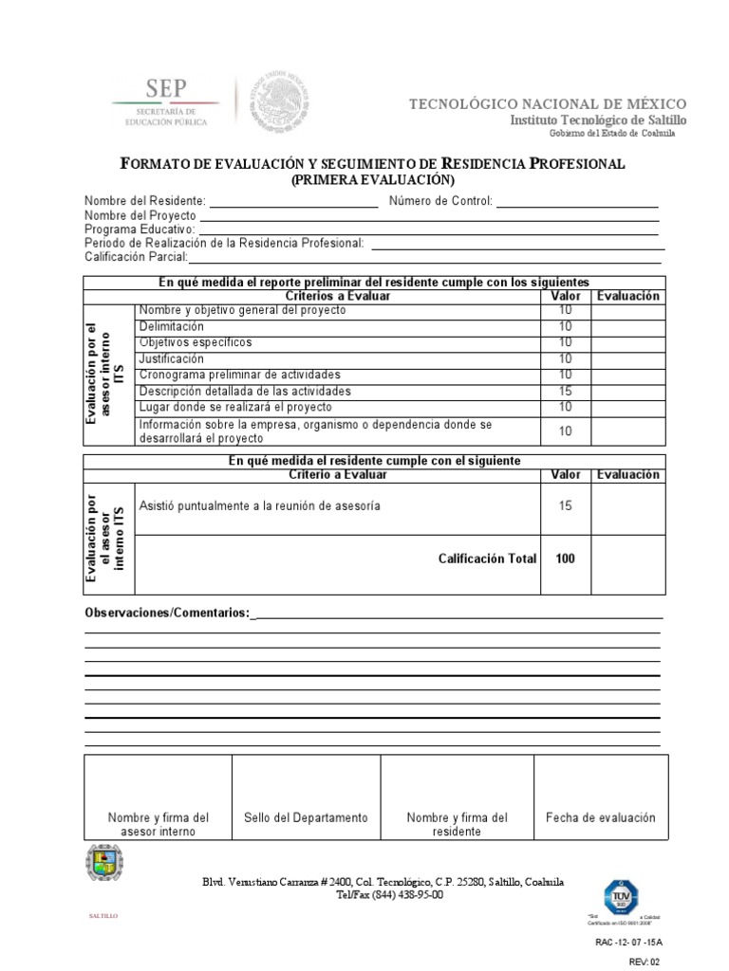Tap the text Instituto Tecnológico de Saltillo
coord(598,120)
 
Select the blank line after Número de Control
coord(577,201)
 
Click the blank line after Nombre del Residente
coord(293,201)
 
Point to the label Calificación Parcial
coord(136,257)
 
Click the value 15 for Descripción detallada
coord(565,391)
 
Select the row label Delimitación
coord(172,326)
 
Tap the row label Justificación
coord(172,358)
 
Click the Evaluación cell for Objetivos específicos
coord(626,342)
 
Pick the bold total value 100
coord(565,559)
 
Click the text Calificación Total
coord(487,559)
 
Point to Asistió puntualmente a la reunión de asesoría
coord(260,506)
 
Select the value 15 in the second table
coord(565,506)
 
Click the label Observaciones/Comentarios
coord(167,614)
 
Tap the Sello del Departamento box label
coord(306,817)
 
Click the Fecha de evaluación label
coord(601,817)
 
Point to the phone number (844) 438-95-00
coord(403,895)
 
